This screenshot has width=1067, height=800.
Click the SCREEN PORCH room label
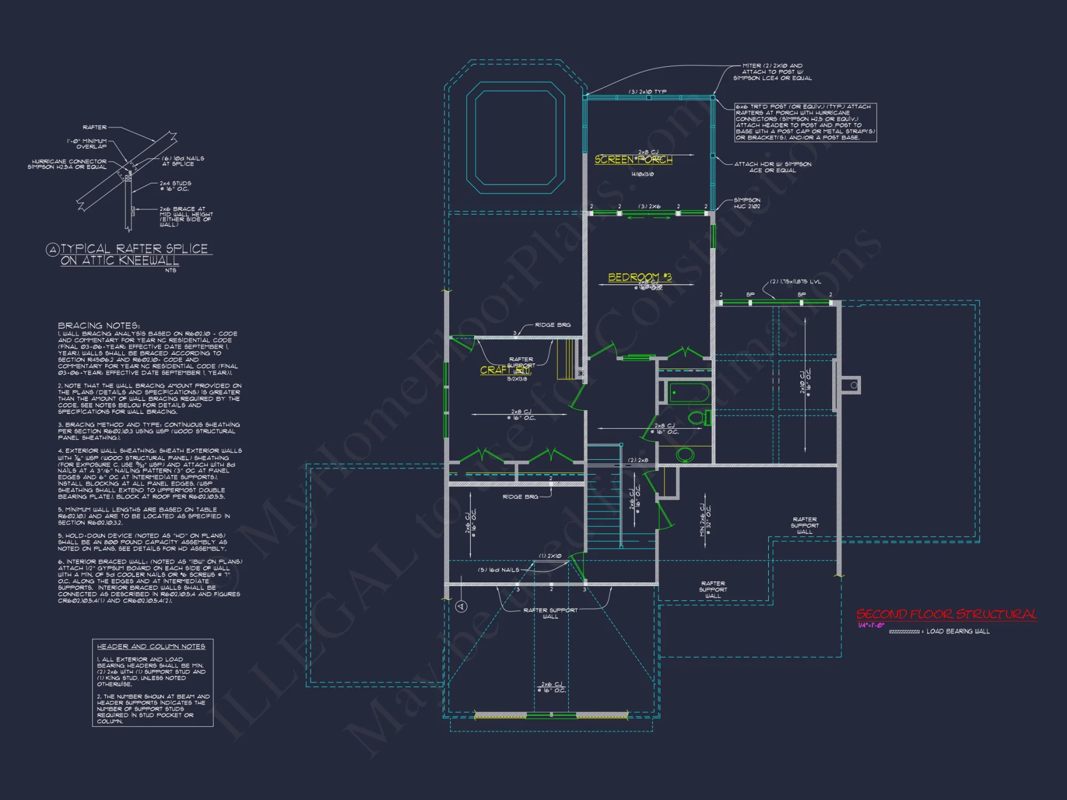[x=633, y=159]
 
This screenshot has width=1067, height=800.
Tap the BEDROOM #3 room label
[x=640, y=277]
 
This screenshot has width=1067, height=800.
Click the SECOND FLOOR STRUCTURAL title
[x=946, y=614]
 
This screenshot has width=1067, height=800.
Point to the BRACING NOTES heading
[x=99, y=325]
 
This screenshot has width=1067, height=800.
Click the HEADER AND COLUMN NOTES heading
[x=151, y=646]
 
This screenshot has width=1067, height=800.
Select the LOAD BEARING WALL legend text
[x=958, y=631]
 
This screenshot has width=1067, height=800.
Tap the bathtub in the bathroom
[x=689, y=393]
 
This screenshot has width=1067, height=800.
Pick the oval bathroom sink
[x=685, y=454]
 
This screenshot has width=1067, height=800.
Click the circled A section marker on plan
[x=461, y=606]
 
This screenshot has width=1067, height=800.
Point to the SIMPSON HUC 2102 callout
[x=747, y=203]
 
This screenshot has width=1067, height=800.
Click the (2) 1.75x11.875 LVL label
[x=795, y=282]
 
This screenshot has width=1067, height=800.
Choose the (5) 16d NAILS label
[x=498, y=570]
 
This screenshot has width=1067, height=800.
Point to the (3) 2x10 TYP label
[x=647, y=92]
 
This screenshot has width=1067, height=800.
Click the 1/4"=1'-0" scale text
[x=871, y=626]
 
